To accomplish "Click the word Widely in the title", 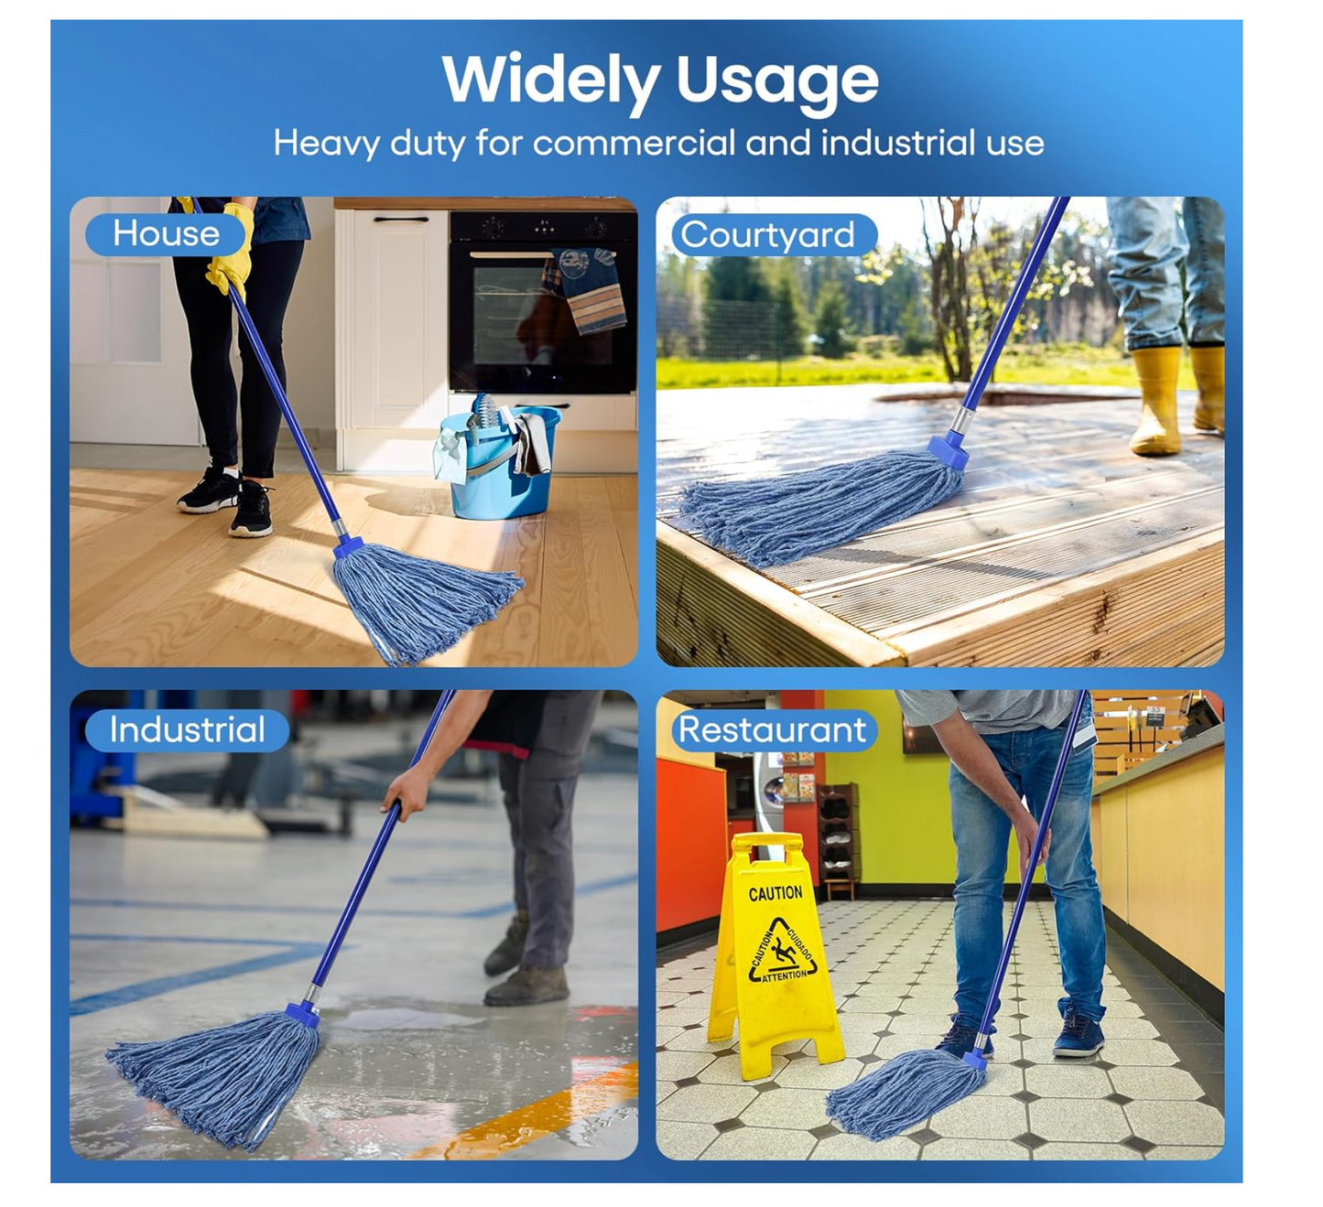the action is tap(550, 81).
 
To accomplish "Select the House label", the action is tap(166, 233).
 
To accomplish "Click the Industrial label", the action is tap(188, 729).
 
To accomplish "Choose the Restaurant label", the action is tap(773, 729).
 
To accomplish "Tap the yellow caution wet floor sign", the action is tap(774, 954).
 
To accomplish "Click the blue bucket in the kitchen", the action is tap(499, 463).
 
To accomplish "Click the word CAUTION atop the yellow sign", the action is tap(775, 893).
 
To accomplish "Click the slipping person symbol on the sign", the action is tap(783, 954).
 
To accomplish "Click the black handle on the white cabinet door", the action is tap(401, 219).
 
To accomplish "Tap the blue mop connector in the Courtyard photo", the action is tap(949, 450).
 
